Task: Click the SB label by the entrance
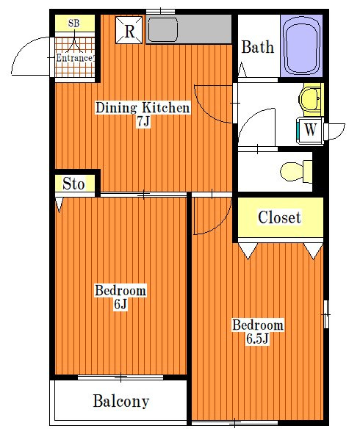tap(74, 23)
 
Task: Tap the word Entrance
tap(74, 58)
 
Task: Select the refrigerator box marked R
tap(129, 30)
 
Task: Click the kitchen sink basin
tap(163, 29)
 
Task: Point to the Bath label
tap(258, 47)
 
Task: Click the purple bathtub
tap(301, 46)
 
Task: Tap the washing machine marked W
tap(310, 129)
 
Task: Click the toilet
tap(296, 171)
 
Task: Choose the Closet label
tap(279, 217)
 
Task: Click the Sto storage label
tap(73, 184)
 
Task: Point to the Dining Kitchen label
tap(143, 107)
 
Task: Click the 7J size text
tap(143, 121)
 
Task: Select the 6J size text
tap(120, 304)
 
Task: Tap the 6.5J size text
tap(258, 339)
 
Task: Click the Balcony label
tap(121, 402)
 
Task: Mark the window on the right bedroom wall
tap(326, 314)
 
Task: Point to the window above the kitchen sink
tap(161, 11)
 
